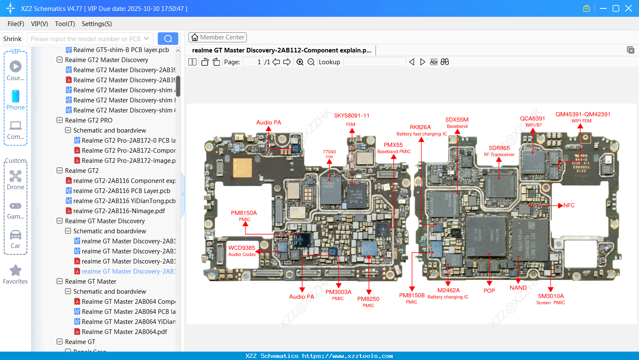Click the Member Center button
[x=217, y=37]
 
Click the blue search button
[x=168, y=39]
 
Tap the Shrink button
[x=13, y=39]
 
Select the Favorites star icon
[x=16, y=271]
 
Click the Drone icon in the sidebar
[x=16, y=176]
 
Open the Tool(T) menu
[x=65, y=24]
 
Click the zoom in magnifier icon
[x=300, y=62]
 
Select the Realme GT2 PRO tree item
[x=89, y=120]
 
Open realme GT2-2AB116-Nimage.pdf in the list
[x=119, y=211]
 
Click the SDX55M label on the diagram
[x=457, y=120]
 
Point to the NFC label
[x=569, y=205]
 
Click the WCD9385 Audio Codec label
[x=242, y=248]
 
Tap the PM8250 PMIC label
[x=368, y=299]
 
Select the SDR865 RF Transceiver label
[x=499, y=148]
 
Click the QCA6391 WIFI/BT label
[x=532, y=119]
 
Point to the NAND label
[x=518, y=288]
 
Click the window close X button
[x=629, y=8]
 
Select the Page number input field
[x=253, y=62]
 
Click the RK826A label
[x=420, y=127]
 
